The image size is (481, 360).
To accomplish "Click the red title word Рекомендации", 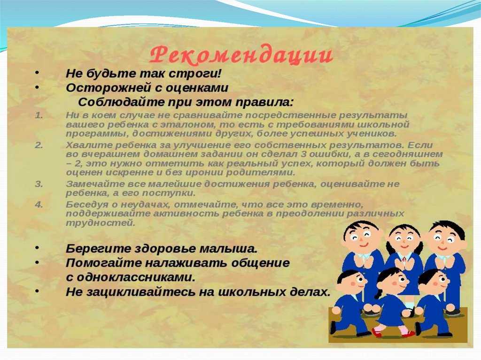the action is [x=241, y=55].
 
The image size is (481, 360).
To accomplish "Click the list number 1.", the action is [x=39, y=115].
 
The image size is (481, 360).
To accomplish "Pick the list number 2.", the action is [x=39, y=145].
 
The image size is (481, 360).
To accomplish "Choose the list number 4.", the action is [x=39, y=205].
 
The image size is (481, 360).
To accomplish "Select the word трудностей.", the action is [x=101, y=223].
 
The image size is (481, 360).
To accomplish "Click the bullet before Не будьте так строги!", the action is [x=37, y=73].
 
